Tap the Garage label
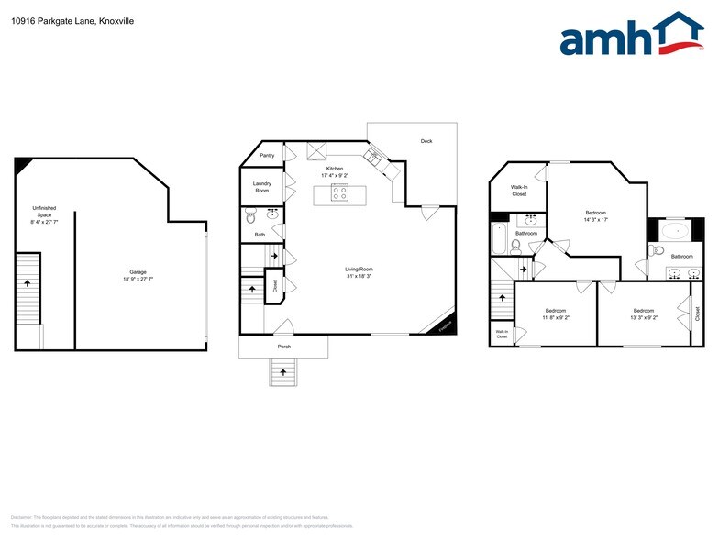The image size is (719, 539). [138, 275]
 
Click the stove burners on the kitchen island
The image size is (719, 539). [340, 193]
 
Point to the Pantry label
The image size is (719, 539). [267, 156]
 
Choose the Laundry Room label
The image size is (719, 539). [262, 187]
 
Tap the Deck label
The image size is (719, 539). [426, 141]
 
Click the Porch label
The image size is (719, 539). [284, 347]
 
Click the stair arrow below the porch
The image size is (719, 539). [283, 372]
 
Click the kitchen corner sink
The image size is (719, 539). [374, 157]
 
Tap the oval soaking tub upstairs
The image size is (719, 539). [677, 231]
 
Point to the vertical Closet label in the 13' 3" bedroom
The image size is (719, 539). [697, 313]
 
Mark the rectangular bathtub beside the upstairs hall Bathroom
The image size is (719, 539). [499, 236]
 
